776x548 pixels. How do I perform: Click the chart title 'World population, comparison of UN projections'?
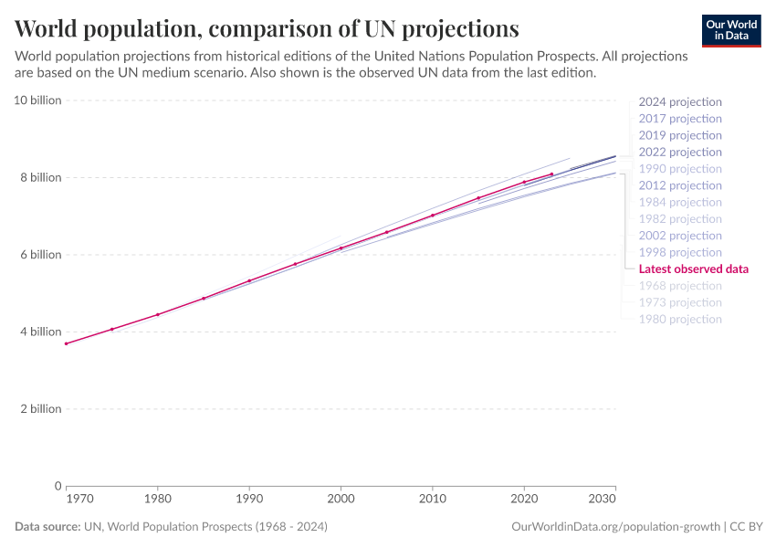[x=267, y=27]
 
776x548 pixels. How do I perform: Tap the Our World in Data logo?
[x=730, y=30]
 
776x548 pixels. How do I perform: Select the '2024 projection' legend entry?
[x=680, y=102]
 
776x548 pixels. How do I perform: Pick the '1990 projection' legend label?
[x=680, y=169]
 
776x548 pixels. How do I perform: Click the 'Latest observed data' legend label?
[x=694, y=269]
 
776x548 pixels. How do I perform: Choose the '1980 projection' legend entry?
[x=680, y=320]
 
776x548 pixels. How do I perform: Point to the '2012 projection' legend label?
[x=680, y=185]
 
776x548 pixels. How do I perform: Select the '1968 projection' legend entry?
[x=680, y=286]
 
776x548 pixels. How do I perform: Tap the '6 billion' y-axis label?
[x=41, y=255]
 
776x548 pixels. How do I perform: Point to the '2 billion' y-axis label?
[x=41, y=409]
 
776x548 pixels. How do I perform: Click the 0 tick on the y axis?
[x=58, y=486]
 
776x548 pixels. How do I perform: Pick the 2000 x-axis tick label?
[x=341, y=501]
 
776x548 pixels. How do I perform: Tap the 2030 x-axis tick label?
[x=603, y=501]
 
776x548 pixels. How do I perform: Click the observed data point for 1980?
[x=158, y=314]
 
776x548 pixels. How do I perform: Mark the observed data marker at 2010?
[x=432, y=216]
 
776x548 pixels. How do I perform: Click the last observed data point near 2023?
[x=551, y=174]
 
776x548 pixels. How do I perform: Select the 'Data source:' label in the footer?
[x=47, y=527]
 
